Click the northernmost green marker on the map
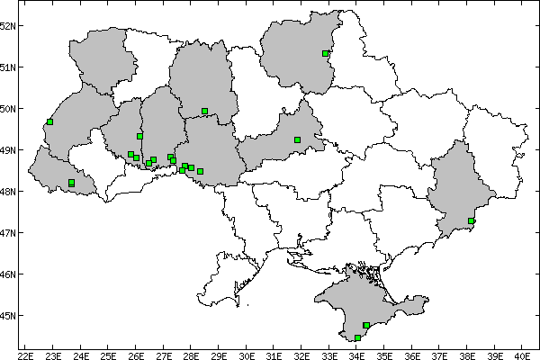pos(325,53)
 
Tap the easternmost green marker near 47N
pos(472,220)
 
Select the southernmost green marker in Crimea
pos(358,337)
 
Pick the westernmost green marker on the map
pos(50,121)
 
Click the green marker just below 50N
pos(205,111)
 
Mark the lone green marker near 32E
pos(298,139)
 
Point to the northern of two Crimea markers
pos(366,325)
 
